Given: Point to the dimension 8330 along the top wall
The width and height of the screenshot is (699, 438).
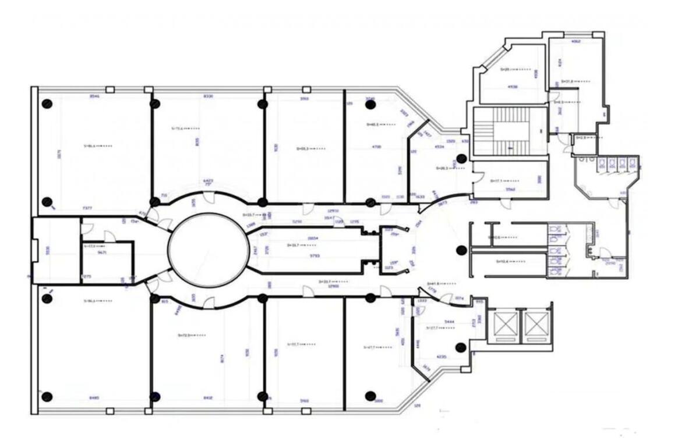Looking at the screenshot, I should tap(208, 96).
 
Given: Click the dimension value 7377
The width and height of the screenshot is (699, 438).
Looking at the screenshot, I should tap(87, 208).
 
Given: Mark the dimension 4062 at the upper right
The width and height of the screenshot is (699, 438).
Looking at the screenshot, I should tap(576, 42).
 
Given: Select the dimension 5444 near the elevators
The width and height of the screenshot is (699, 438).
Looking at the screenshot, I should tap(449, 321).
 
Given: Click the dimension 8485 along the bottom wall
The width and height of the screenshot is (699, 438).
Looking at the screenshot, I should tap(94, 398).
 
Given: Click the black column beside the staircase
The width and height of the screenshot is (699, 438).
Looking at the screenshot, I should tap(461, 158).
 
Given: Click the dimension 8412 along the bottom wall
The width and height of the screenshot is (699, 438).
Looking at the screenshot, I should tap(208, 398).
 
